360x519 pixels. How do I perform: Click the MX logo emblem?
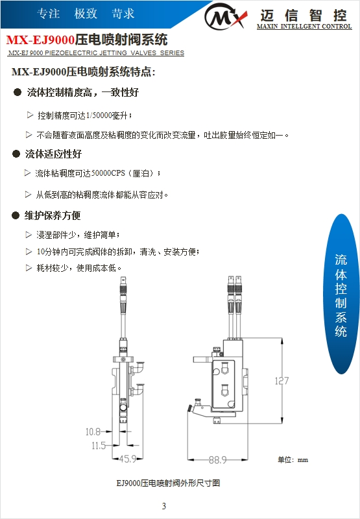[225, 16]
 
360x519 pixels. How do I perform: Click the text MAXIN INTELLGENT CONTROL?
[304, 27]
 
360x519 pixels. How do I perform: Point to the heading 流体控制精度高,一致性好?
[82, 93]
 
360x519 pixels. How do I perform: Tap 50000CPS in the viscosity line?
[107, 174]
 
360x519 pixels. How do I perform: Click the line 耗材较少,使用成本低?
[79, 267]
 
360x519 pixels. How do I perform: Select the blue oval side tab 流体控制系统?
[341, 295]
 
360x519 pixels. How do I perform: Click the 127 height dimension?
[280, 381]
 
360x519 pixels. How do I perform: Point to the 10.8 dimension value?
[93, 431]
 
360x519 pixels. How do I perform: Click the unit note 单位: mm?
[293, 460]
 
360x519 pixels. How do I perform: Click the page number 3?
[163, 506]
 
